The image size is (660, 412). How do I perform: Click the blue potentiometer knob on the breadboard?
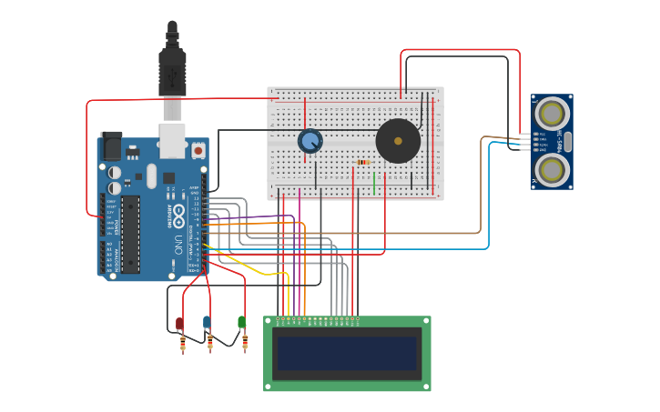(310, 141)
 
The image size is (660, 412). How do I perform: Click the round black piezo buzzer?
(398, 141)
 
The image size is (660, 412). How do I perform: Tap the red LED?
(179, 324)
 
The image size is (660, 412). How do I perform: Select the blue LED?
(207, 322)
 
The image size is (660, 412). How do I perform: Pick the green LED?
(241, 322)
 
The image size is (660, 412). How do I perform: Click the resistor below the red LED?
(183, 343)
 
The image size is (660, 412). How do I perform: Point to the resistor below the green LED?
(245, 342)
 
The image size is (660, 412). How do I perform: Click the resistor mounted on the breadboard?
(363, 163)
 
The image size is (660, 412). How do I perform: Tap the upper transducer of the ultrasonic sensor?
(552, 114)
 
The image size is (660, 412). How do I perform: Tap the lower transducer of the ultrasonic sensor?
(552, 169)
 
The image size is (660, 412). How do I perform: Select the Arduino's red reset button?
(198, 148)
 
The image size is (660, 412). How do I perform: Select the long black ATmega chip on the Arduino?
(130, 234)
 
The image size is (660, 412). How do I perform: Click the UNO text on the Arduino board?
(178, 243)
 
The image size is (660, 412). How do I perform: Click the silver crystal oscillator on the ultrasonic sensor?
(567, 142)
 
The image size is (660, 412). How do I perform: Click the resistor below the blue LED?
(210, 343)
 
